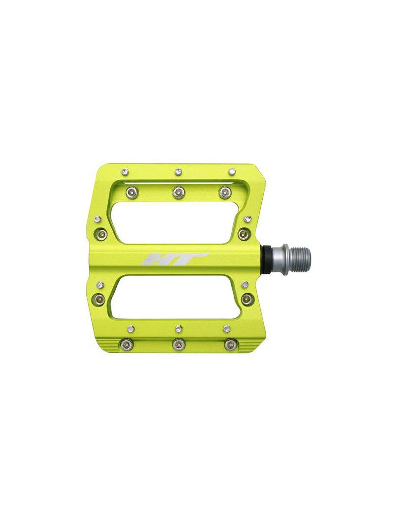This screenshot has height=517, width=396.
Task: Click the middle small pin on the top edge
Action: tap(178, 171)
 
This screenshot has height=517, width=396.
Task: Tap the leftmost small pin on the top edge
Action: tap(124, 171)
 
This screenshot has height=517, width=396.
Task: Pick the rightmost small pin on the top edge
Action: tap(232, 171)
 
